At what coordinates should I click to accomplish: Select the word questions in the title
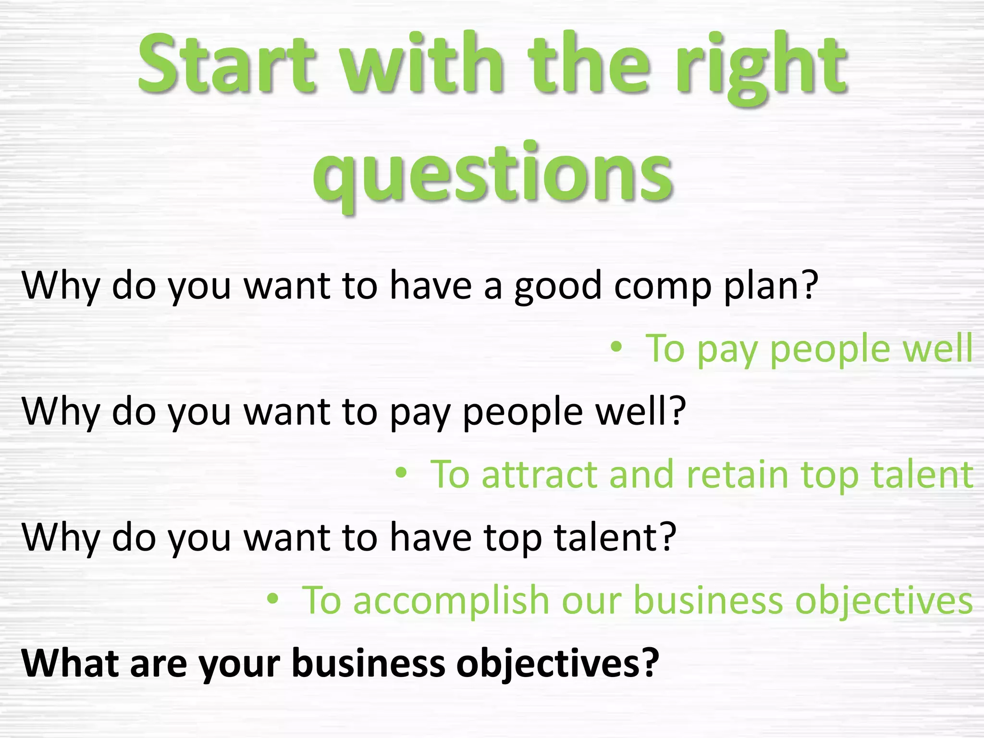click(492, 175)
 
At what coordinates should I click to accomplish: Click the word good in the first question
click(558, 287)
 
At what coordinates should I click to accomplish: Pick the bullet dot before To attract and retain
click(401, 473)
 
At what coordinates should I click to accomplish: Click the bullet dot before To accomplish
click(272, 599)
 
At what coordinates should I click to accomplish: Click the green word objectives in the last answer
click(884, 601)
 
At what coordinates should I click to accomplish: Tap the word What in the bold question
click(70, 663)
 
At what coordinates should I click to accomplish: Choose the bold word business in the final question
click(368, 663)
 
